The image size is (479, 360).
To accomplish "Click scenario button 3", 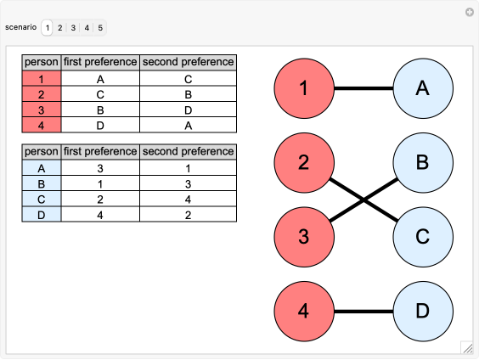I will pyautogui.click(x=74, y=28).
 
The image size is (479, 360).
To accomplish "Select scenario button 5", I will pyautogui.click(x=100, y=28).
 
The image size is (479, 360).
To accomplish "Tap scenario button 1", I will pyautogui.click(x=48, y=28).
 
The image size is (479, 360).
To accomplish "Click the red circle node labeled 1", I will pyautogui.click(x=303, y=87).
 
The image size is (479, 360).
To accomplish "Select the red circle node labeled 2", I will pyautogui.click(x=303, y=161).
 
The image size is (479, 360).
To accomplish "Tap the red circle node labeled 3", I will pyautogui.click(x=303, y=235).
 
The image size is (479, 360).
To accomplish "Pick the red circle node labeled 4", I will pyautogui.click(x=303, y=311).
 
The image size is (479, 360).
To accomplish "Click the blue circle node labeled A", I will pyautogui.click(x=422, y=87).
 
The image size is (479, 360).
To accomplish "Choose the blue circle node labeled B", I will pyautogui.click(x=422, y=161).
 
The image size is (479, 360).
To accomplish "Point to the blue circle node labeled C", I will pyautogui.click(x=422, y=235).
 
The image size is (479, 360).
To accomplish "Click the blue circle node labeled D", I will pyautogui.click(x=422, y=311).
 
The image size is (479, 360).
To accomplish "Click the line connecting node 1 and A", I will pyautogui.click(x=363, y=87).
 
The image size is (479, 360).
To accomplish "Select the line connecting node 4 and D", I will pyautogui.click(x=363, y=311).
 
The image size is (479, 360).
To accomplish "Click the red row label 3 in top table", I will pyautogui.click(x=42, y=110).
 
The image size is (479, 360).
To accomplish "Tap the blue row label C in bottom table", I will pyautogui.click(x=42, y=200).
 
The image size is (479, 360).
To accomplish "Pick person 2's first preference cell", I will pyautogui.click(x=100, y=95).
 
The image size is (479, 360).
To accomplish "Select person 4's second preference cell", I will pyautogui.click(x=188, y=126).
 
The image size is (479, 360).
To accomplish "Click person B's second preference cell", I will pyautogui.click(x=188, y=184).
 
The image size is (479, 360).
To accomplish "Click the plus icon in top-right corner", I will pyautogui.click(x=469, y=12).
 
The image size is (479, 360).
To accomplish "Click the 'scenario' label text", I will pyautogui.click(x=20, y=28).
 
